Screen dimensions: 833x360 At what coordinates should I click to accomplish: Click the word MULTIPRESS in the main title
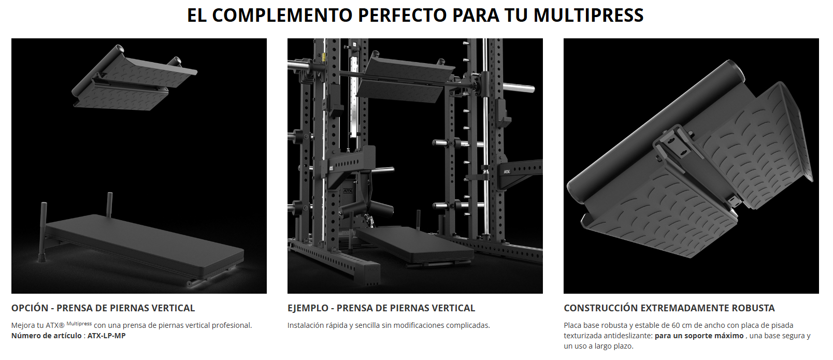point(588,15)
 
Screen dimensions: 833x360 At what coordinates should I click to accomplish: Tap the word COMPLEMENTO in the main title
point(282,15)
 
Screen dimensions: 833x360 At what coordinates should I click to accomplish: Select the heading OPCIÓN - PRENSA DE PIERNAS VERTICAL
point(103,308)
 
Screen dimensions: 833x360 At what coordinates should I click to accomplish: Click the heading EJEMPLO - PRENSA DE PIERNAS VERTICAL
point(381,308)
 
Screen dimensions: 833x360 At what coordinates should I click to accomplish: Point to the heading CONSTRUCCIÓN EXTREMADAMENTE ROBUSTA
point(669,308)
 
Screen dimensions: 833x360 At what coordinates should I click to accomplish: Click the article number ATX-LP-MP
point(106,336)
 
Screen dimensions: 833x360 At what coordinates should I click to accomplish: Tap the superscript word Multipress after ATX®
point(79,324)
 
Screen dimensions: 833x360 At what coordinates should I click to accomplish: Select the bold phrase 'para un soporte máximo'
point(699,336)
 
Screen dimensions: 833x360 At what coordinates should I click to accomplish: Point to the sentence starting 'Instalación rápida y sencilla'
point(389,325)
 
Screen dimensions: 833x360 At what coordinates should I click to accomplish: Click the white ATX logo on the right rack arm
point(507,172)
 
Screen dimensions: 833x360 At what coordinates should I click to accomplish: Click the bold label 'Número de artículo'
point(47,336)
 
